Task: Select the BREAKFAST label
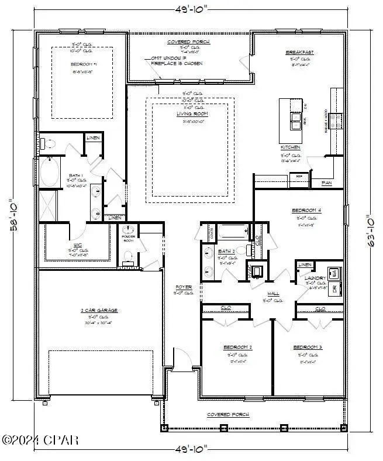tap(300, 52)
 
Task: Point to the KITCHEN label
tap(291, 147)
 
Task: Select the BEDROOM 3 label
tap(308, 347)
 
